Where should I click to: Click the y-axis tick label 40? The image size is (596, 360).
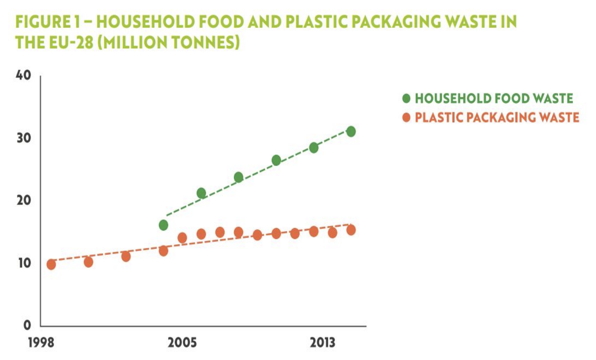pos(24,75)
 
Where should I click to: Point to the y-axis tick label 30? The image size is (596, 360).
pos(24,138)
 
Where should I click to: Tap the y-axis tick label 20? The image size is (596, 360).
pos(24,200)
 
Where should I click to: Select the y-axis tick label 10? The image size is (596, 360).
pos(24,263)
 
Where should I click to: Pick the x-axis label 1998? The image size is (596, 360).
pos(41,342)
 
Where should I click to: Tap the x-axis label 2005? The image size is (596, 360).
pos(182,342)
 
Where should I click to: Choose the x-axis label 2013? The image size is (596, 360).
pos(323,342)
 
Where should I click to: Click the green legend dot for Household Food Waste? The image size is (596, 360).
pos(406,98)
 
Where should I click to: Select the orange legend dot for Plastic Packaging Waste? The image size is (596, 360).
pos(406,117)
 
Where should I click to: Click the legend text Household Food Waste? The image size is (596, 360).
pos(494,98)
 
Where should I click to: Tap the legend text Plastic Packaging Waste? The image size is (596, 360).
pos(497,117)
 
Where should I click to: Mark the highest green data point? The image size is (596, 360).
pos(351,131)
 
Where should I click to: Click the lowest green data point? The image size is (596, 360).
pos(163,225)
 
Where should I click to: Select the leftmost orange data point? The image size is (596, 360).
pos(51,264)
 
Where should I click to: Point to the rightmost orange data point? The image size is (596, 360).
pos(351,230)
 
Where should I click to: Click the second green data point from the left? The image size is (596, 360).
pos(201,193)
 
